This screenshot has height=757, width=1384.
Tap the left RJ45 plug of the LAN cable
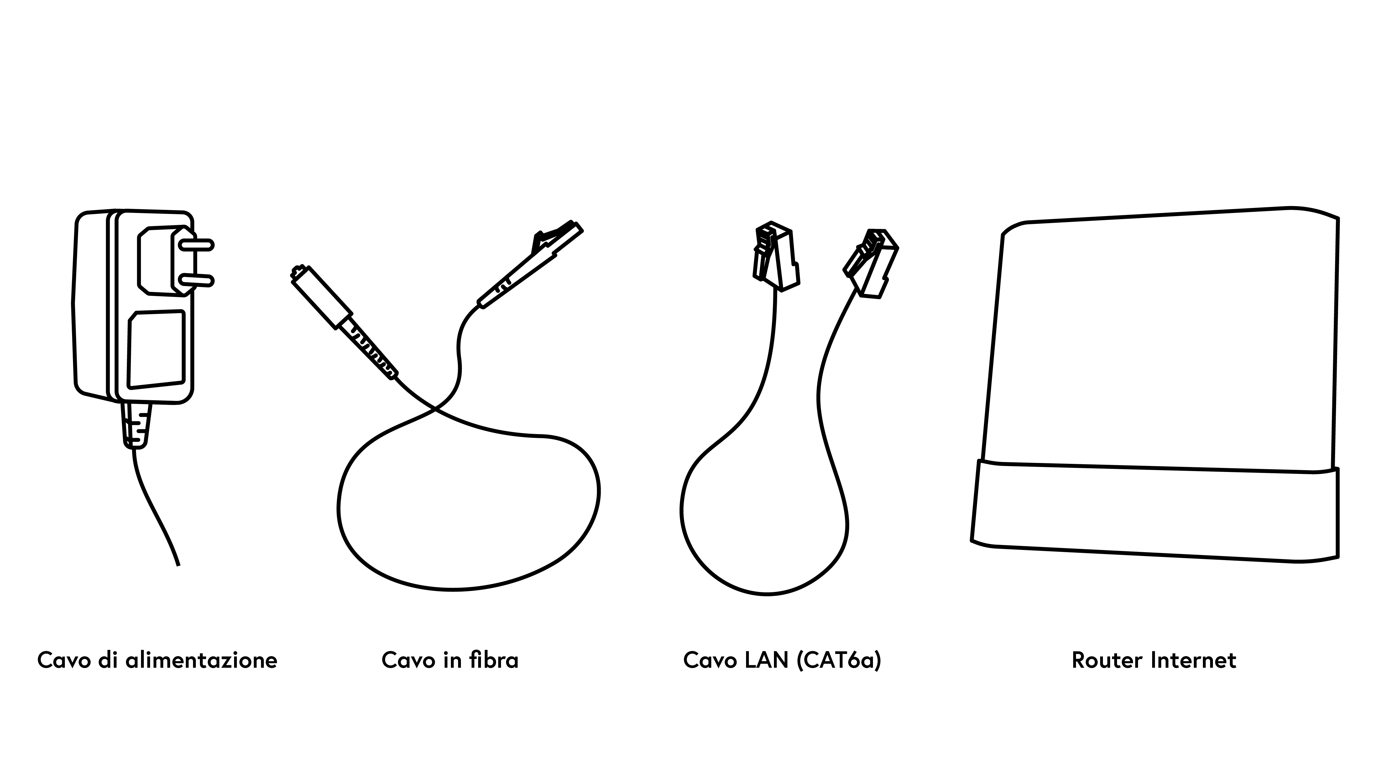coord(776,257)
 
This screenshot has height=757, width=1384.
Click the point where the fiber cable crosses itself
coord(436,410)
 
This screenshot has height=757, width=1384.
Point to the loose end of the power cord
coord(178,565)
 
